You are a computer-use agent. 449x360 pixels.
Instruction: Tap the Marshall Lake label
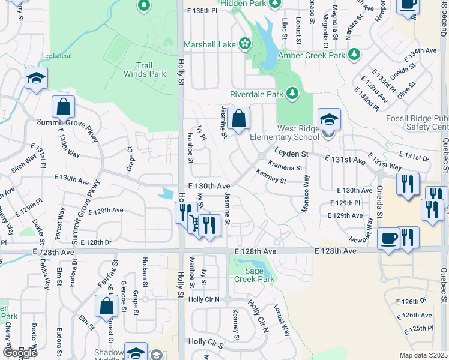[x=210, y=44]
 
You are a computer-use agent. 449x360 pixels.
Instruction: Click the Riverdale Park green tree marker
[x=292, y=93]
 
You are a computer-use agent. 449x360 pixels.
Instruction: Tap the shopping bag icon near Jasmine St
[x=238, y=118]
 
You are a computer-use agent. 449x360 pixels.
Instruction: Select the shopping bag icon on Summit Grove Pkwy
[x=63, y=107]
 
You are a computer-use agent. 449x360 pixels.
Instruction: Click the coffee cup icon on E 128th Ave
[x=388, y=239]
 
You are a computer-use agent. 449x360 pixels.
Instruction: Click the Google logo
[x=20, y=353]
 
